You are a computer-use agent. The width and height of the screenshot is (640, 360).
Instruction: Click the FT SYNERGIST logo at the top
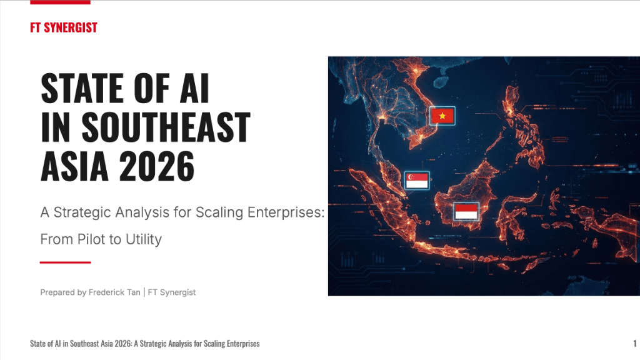tap(63, 27)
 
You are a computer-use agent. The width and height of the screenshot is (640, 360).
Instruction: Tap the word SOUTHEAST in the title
tap(166, 127)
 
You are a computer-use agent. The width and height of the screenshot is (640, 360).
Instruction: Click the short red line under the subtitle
tap(66, 262)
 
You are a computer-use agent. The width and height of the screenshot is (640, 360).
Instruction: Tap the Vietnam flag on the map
tap(442, 116)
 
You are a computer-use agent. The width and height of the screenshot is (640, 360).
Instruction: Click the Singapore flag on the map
tap(417, 180)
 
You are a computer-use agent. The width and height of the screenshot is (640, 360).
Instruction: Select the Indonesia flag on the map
tap(466, 211)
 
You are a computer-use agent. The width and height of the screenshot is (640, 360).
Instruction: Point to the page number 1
tap(634, 343)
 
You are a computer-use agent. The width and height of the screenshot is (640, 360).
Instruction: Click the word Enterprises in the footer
tap(240, 344)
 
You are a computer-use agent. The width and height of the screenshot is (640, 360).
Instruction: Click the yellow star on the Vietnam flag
tap(442, 116)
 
